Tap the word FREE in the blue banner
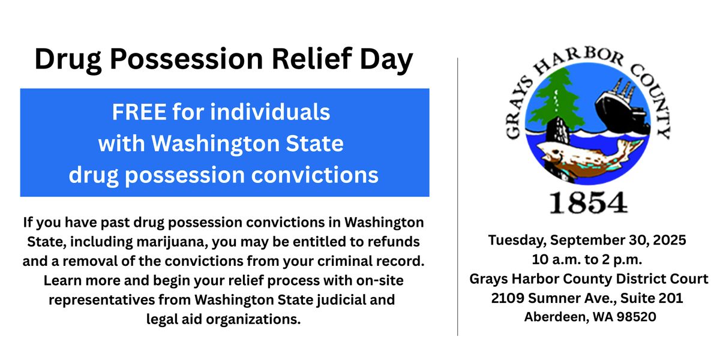pyautogui.click(x=139, y=112)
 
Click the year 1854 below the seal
pyautogui.click(x=588, y=203)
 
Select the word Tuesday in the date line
pyautogui.click(x=517, y=241)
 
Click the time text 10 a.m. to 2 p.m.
pyautogui.click(x=587, y=260)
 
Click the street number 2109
pyautogui.click(x=508, y=298)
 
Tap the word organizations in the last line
pyautogui.click(x=253, y=319)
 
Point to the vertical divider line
pyautogui.click(x=457, y=197)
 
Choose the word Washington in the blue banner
pyautogui.click(x=215, y=143)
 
